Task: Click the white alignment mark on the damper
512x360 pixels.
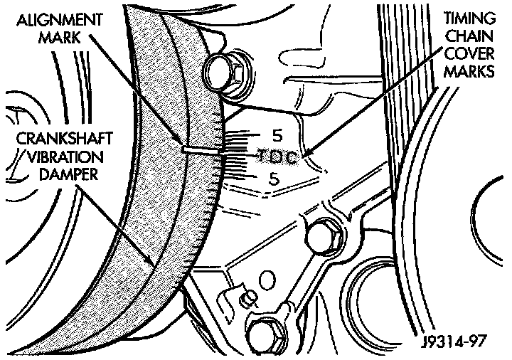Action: click(x=201, y=151)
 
